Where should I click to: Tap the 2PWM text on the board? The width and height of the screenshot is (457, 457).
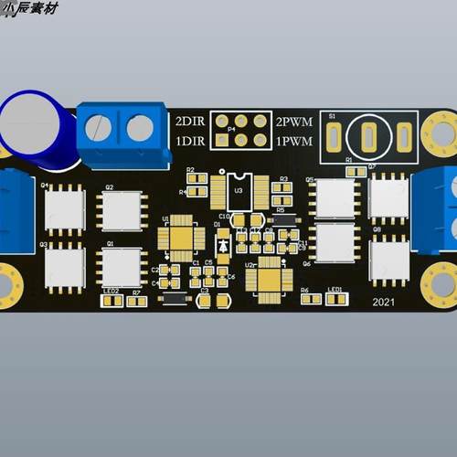(x=293, y=122)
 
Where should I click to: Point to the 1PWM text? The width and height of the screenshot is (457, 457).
(x=293, y=142)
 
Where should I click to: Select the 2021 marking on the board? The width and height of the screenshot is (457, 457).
(x=383, y=303)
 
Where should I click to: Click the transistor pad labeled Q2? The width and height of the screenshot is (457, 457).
(x=122, y=211)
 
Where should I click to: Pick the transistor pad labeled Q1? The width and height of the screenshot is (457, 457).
(x=122, y=267)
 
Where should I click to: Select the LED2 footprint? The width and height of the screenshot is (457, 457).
(x=112, y=300)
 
